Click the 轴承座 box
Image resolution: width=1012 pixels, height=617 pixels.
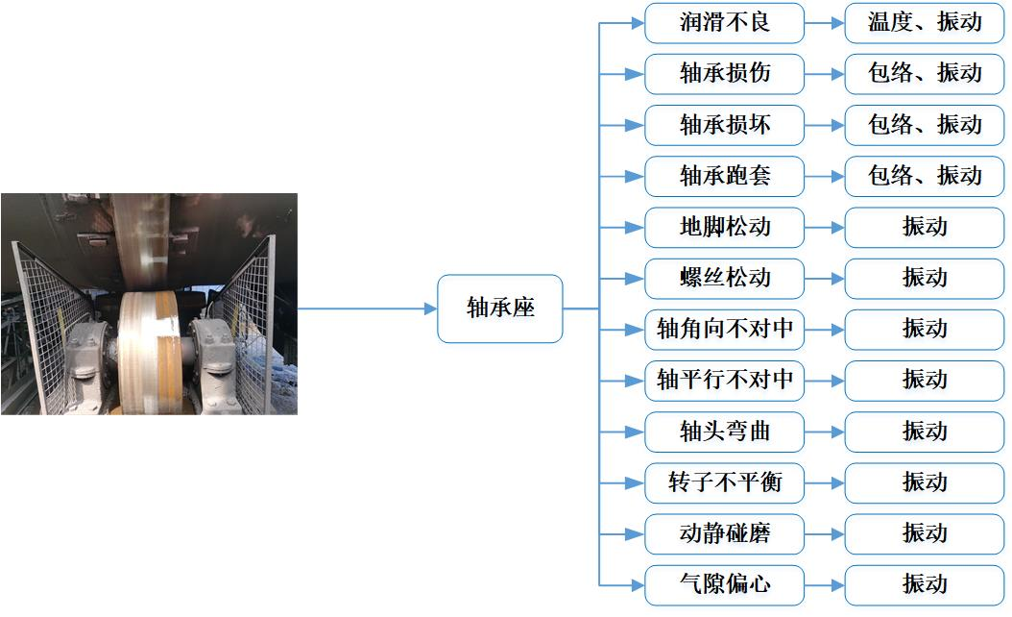(x=499, y=308)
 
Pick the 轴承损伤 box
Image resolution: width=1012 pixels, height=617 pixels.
(x=724, y=73)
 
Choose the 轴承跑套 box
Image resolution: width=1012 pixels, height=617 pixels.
(x=724, y=176)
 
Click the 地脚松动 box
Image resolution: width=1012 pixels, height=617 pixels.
(x=724, y=227)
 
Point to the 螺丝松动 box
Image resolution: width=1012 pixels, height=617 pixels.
(x=724, y=278)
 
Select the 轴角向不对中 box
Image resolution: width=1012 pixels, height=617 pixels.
(x=724, y=329)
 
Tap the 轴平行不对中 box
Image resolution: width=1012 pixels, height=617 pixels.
(x=724, y=380)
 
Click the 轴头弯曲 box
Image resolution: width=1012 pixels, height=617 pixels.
(x=724, y=431)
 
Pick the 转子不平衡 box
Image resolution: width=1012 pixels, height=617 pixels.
(x=724, y=481)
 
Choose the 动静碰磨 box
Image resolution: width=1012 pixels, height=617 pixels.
(x=724, y=532)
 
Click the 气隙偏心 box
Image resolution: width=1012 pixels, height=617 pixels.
(x=724, y=583)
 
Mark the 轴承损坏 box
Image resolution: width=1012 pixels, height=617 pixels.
(x=724, y=125)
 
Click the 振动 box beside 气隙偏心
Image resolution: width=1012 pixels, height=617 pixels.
(x=925, y=583)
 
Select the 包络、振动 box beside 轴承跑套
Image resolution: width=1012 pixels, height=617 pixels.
(x=925, y=176)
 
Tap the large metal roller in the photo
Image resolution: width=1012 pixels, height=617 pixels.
(x=148, y=346)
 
